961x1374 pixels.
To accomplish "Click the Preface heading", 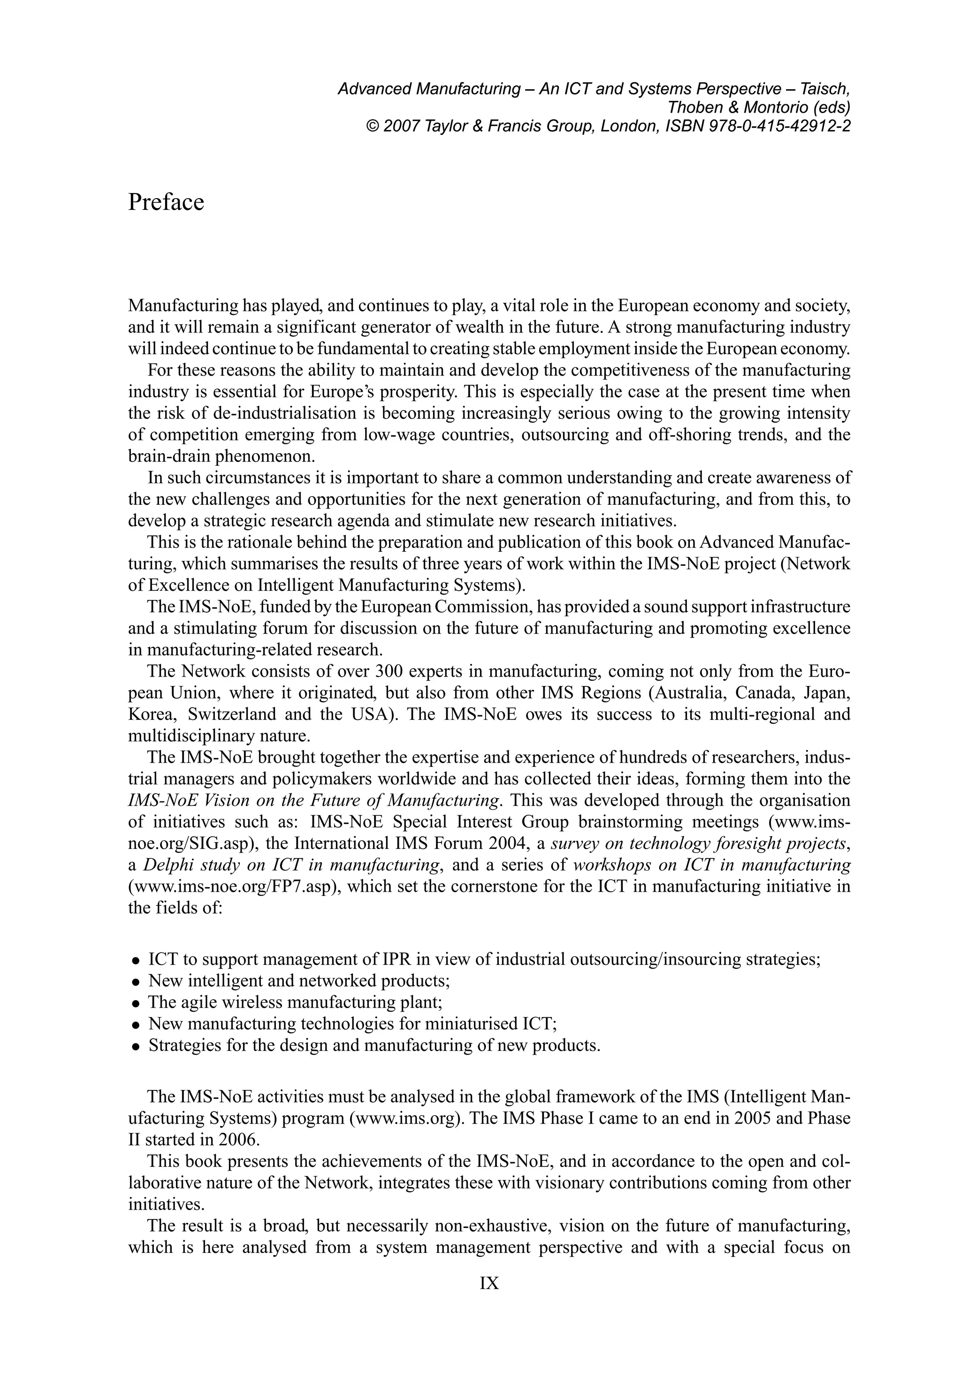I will tap(166, 202).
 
